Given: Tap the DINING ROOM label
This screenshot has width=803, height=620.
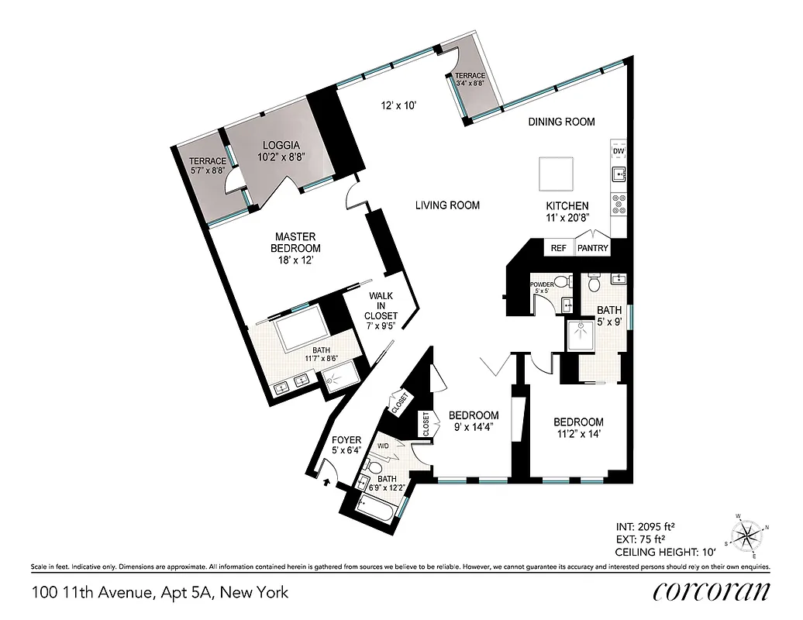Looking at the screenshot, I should [x=561, y=122].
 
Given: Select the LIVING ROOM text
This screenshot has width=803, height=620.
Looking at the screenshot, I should [x=447, y=205].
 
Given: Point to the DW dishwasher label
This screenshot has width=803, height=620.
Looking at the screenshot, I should [x=619, y=151].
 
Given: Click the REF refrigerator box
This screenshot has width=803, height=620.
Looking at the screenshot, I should [x=558, y=248].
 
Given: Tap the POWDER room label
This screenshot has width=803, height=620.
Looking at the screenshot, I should [x=541, y=284].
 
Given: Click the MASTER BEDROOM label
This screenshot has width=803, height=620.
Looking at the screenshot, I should [x=295, y=242].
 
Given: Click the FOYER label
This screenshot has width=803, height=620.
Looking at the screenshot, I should [x=346, y=440].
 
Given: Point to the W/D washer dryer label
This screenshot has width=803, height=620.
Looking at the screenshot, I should [x=383, y=446].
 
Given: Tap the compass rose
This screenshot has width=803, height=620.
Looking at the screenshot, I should [x=747, y=534].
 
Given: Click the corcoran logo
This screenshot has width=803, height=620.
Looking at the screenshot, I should [x=711, y=591].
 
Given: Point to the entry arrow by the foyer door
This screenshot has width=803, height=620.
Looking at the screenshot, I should [x=325, y=482].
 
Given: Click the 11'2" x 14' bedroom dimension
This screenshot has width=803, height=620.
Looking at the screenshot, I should [x=577, y=434].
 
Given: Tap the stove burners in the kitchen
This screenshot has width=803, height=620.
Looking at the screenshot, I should [x=619, y=203].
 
